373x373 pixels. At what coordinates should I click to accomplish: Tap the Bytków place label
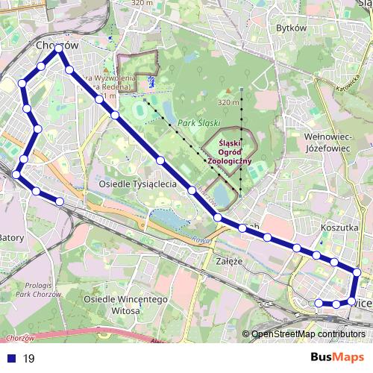(292, 28)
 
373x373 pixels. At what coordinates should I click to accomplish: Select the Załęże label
(231, 262)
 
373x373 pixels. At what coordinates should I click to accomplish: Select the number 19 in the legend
(29, 359)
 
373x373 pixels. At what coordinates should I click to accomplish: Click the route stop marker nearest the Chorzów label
(59, 53)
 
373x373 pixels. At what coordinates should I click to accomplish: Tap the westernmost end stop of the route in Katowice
(319, 302)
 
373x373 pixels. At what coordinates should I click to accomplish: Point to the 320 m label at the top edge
(141, 3)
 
